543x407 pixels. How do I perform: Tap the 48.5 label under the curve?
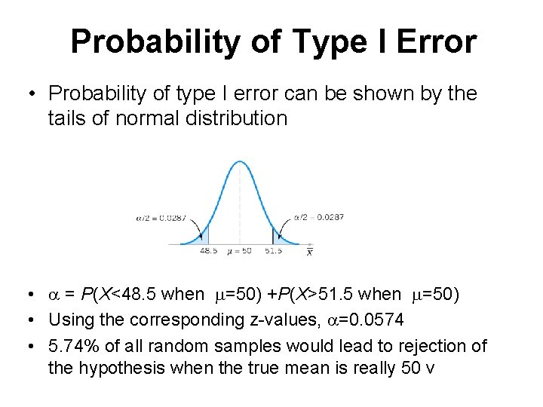[x=209, y=251]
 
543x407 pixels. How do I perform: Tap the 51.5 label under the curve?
[x=273, y=251]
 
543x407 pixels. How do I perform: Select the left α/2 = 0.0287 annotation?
[x=161, y=218]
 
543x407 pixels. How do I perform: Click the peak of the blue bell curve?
[x=241, y=161]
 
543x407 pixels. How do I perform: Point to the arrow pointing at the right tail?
[x=285, y=227]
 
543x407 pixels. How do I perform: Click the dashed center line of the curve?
[x=241, y=203]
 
